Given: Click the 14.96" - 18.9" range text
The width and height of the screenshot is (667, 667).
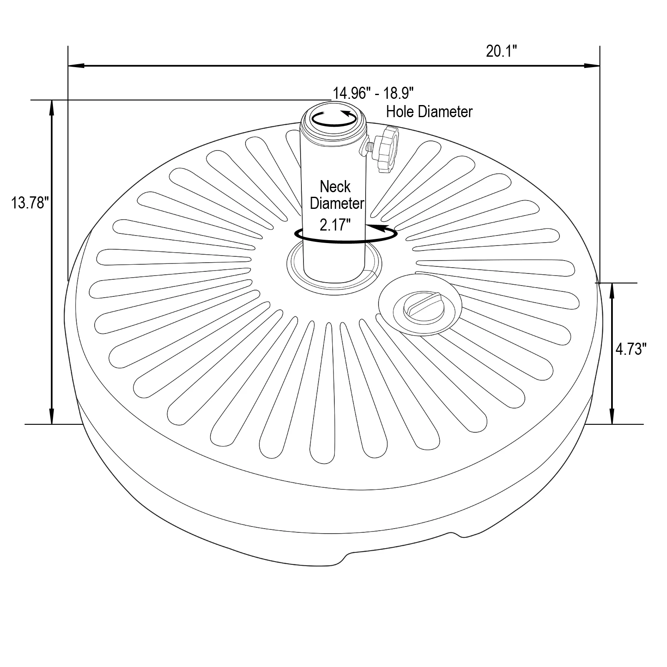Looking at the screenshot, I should coord(373,93).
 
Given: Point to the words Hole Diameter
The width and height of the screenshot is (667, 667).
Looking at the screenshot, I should coord(429,112).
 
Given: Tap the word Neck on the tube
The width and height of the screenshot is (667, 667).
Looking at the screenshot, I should coord(335,186).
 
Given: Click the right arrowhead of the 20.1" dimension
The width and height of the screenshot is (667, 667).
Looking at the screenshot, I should coord(592,66).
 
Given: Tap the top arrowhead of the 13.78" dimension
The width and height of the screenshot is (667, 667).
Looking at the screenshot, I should coord(52,107).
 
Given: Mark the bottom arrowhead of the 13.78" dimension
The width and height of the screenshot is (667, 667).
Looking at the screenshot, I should coord(52,417).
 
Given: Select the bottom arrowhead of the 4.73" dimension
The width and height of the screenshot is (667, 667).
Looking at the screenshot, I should coord(612,417).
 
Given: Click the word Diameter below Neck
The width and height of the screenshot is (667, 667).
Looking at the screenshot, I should coord(337,204).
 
